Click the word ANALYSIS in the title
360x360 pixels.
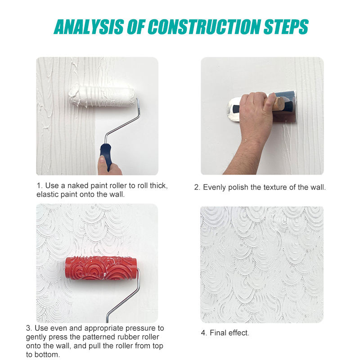(x=89, y=27)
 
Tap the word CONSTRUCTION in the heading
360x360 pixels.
(x=204, y=27)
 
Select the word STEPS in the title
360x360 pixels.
(x=286, y=27)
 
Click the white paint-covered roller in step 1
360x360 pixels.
(x=102, y=97)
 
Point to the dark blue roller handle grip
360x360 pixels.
(x=106, y=156)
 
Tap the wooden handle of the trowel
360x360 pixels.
(x=274, y=104)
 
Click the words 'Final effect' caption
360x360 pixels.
(x=229, y=333)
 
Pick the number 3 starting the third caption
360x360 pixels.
(x=28, y=328)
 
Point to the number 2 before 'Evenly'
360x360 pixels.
(x=197, y=187)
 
